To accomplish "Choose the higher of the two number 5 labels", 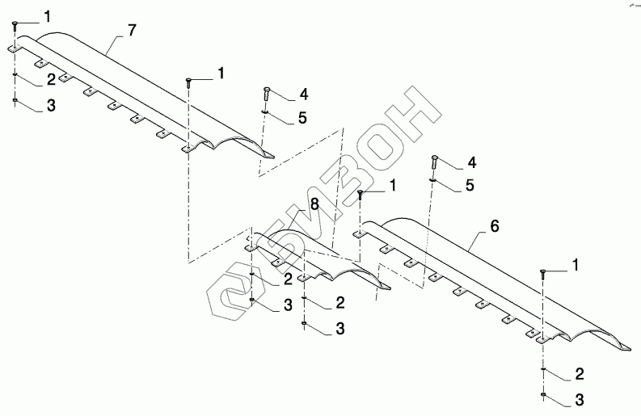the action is click(x=302, y=118).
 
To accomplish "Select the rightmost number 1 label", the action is click(x=576, y=264).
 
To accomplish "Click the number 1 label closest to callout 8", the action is click(x=393, y=185).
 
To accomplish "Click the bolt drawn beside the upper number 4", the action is click(x=266, y=94).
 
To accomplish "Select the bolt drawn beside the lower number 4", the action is click(x=436, y=161).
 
